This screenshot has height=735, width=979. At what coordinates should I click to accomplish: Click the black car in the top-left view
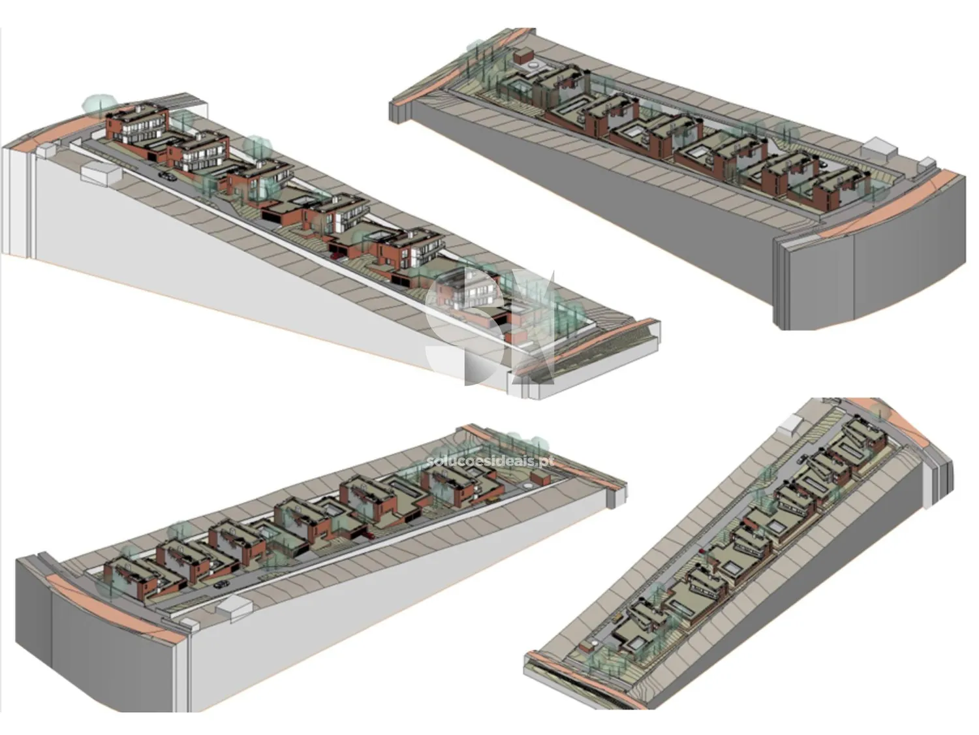[x=168, y=176]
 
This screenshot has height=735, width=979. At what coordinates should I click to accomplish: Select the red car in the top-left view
[x=337, y=256]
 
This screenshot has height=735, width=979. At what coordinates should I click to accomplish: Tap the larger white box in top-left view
[x=101, y=172]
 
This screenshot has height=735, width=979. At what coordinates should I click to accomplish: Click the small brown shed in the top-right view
[x=524, y=57]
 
